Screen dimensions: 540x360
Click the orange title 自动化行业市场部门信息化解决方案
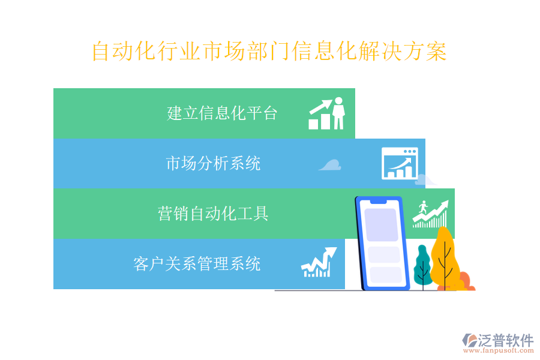pyautogui.click(x=269, y=51)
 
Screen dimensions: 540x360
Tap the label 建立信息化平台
pyautogui.click(x=222, y=113)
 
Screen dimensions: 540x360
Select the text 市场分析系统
pyautogui.click(x=213, y=163)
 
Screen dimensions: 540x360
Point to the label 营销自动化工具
pyautogui.click(x=213, y=214)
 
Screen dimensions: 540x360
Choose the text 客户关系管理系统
pyautogui.click(x=197, y=264)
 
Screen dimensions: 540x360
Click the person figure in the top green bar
pyautogui.click(x=338, y=113)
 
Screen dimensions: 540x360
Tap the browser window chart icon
pyautogui.click(x=400, y=163)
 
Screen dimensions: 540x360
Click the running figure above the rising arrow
pyautogui.click(x=423, y=208)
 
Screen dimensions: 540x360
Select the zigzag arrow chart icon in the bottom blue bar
pyautogui.click(x=319, y=262)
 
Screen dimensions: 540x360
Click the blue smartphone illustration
pyautogui.click(x=382, y=243)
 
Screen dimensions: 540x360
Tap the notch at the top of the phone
pyautogui.click(x=379, y=201)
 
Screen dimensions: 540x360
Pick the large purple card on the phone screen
pyautogui.click(x=381, y=225)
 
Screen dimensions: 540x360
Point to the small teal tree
pyautogui.click(x=423, y=266)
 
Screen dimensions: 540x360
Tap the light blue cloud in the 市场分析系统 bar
pyautogui.click(x=330, y=165)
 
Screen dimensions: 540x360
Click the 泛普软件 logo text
pyautogui.click(x=506, y=340)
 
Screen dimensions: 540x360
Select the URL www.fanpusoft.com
pyautogui.click(x=499, y=350)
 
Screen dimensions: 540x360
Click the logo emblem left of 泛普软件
pyautogui.click(x=470, y=340)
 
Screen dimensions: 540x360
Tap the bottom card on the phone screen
pyautogui.click(x=386, y=275)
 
